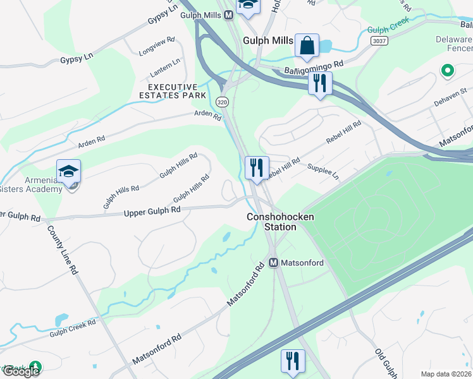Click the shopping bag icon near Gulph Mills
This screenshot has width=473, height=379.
click(x=307, y=46)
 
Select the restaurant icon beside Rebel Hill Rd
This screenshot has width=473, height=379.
click(x=257, y=169)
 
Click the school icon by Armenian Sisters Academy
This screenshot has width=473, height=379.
click(x=68, y=172)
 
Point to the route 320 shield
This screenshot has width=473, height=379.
click(x=222, y=102)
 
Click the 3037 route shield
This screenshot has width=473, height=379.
click(x=379, y=40)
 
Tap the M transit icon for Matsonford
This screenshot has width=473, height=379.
click(x=274, y=262)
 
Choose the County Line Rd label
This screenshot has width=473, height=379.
click(x=63, y=250)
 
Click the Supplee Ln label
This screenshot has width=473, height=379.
click(x=322, y=171)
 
